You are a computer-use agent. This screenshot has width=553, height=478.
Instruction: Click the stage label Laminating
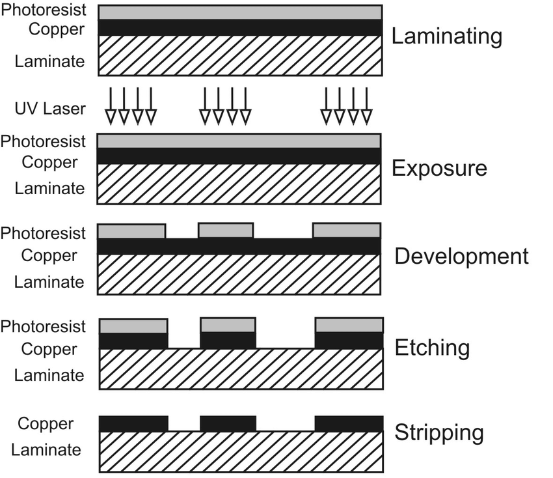pyautogui.click(x=446, y=36)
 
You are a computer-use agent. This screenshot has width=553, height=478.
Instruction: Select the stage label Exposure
pyautogui.click(x=438, y=169)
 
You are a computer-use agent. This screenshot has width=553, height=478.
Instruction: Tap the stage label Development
pyautogui.click(x=461, y=256)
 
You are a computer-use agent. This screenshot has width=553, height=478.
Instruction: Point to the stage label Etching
pyautogui.click(x=432, y=348)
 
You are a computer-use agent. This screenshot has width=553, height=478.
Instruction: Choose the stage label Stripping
pyautogui.click(x=439, y=432)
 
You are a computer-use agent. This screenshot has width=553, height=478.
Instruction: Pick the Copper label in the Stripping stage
pyautogui.click(x=46, y=423)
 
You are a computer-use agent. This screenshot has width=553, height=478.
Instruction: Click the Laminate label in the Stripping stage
pyautogui.click(x=46, y=449)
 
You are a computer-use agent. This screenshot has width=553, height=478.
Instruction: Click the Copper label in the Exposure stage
pyautogui.click(x=49, y=162)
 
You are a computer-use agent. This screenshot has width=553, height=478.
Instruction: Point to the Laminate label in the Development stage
pyautogui.click(x=49, y=282)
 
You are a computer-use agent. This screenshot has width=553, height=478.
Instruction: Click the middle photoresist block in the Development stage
pyautogui.click(x=225, y=231)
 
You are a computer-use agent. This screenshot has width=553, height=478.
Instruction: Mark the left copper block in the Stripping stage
pyautogui.click(x=133, y=424)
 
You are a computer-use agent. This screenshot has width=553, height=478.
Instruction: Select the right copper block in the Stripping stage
pyautogui.click(x=349, y=424)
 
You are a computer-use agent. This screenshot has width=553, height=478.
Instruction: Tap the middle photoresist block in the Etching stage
pyautogui.click(x=228, y=325)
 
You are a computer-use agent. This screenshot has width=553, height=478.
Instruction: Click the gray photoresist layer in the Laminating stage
pyautogui.click(x=239, y=12)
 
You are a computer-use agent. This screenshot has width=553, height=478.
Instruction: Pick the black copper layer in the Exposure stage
pyautogui.click(x=239, y=156)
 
